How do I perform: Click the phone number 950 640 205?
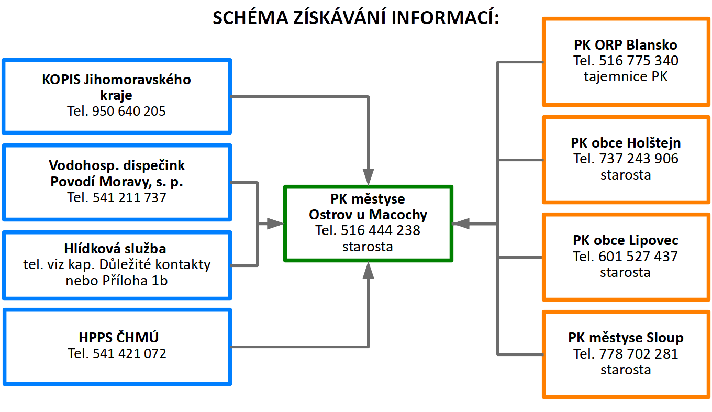[x=129, y=112]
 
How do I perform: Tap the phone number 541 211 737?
[x=129, y=197]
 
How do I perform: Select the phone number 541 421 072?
[x=129, y=353]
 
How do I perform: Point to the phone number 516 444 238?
[x=381, y=230]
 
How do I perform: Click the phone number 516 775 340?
[x=639, y=61]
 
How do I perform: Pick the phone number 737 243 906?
[x=639, y=159]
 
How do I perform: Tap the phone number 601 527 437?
[x=638, y=257]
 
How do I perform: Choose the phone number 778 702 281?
[x=639, y=354]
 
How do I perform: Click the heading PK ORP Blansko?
[x=626, y=45]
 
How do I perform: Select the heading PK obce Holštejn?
[x=626, y=143]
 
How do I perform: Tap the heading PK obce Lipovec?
[x=626, y=241]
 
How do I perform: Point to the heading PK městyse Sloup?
[x=626, y=338]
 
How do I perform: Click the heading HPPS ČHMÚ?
[x=118, y=337]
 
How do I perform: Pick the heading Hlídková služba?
[x=115, y=249]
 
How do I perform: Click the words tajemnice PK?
[x=626, y=77]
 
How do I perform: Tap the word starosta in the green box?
[x=368, y=247]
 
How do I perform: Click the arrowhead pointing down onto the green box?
[x=368, y=177]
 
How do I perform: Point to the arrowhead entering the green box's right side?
[x=461, y=224]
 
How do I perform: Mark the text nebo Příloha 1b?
[x=117, y=281]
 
